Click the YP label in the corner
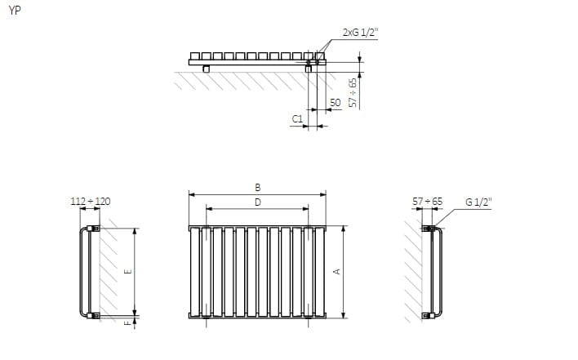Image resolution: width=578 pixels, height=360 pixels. click(x=15, y=11)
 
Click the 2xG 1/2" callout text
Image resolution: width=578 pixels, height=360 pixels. click(x=360, y=33)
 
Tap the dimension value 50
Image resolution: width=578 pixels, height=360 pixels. click(x=335, y=102)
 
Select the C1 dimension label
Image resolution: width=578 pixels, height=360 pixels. click(x=297, y=119)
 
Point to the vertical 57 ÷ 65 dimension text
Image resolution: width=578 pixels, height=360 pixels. click(x=353, y=92)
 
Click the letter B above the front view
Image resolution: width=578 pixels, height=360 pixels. click(x=258, y=187)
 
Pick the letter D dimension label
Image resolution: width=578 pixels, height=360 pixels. click(x=258, y=202)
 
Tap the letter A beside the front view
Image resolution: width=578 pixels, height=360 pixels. click(x=336, y=272)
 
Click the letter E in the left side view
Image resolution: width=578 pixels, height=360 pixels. click(x=128, y=272)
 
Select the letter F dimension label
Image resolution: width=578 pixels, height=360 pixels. click(x=127, y=323)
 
